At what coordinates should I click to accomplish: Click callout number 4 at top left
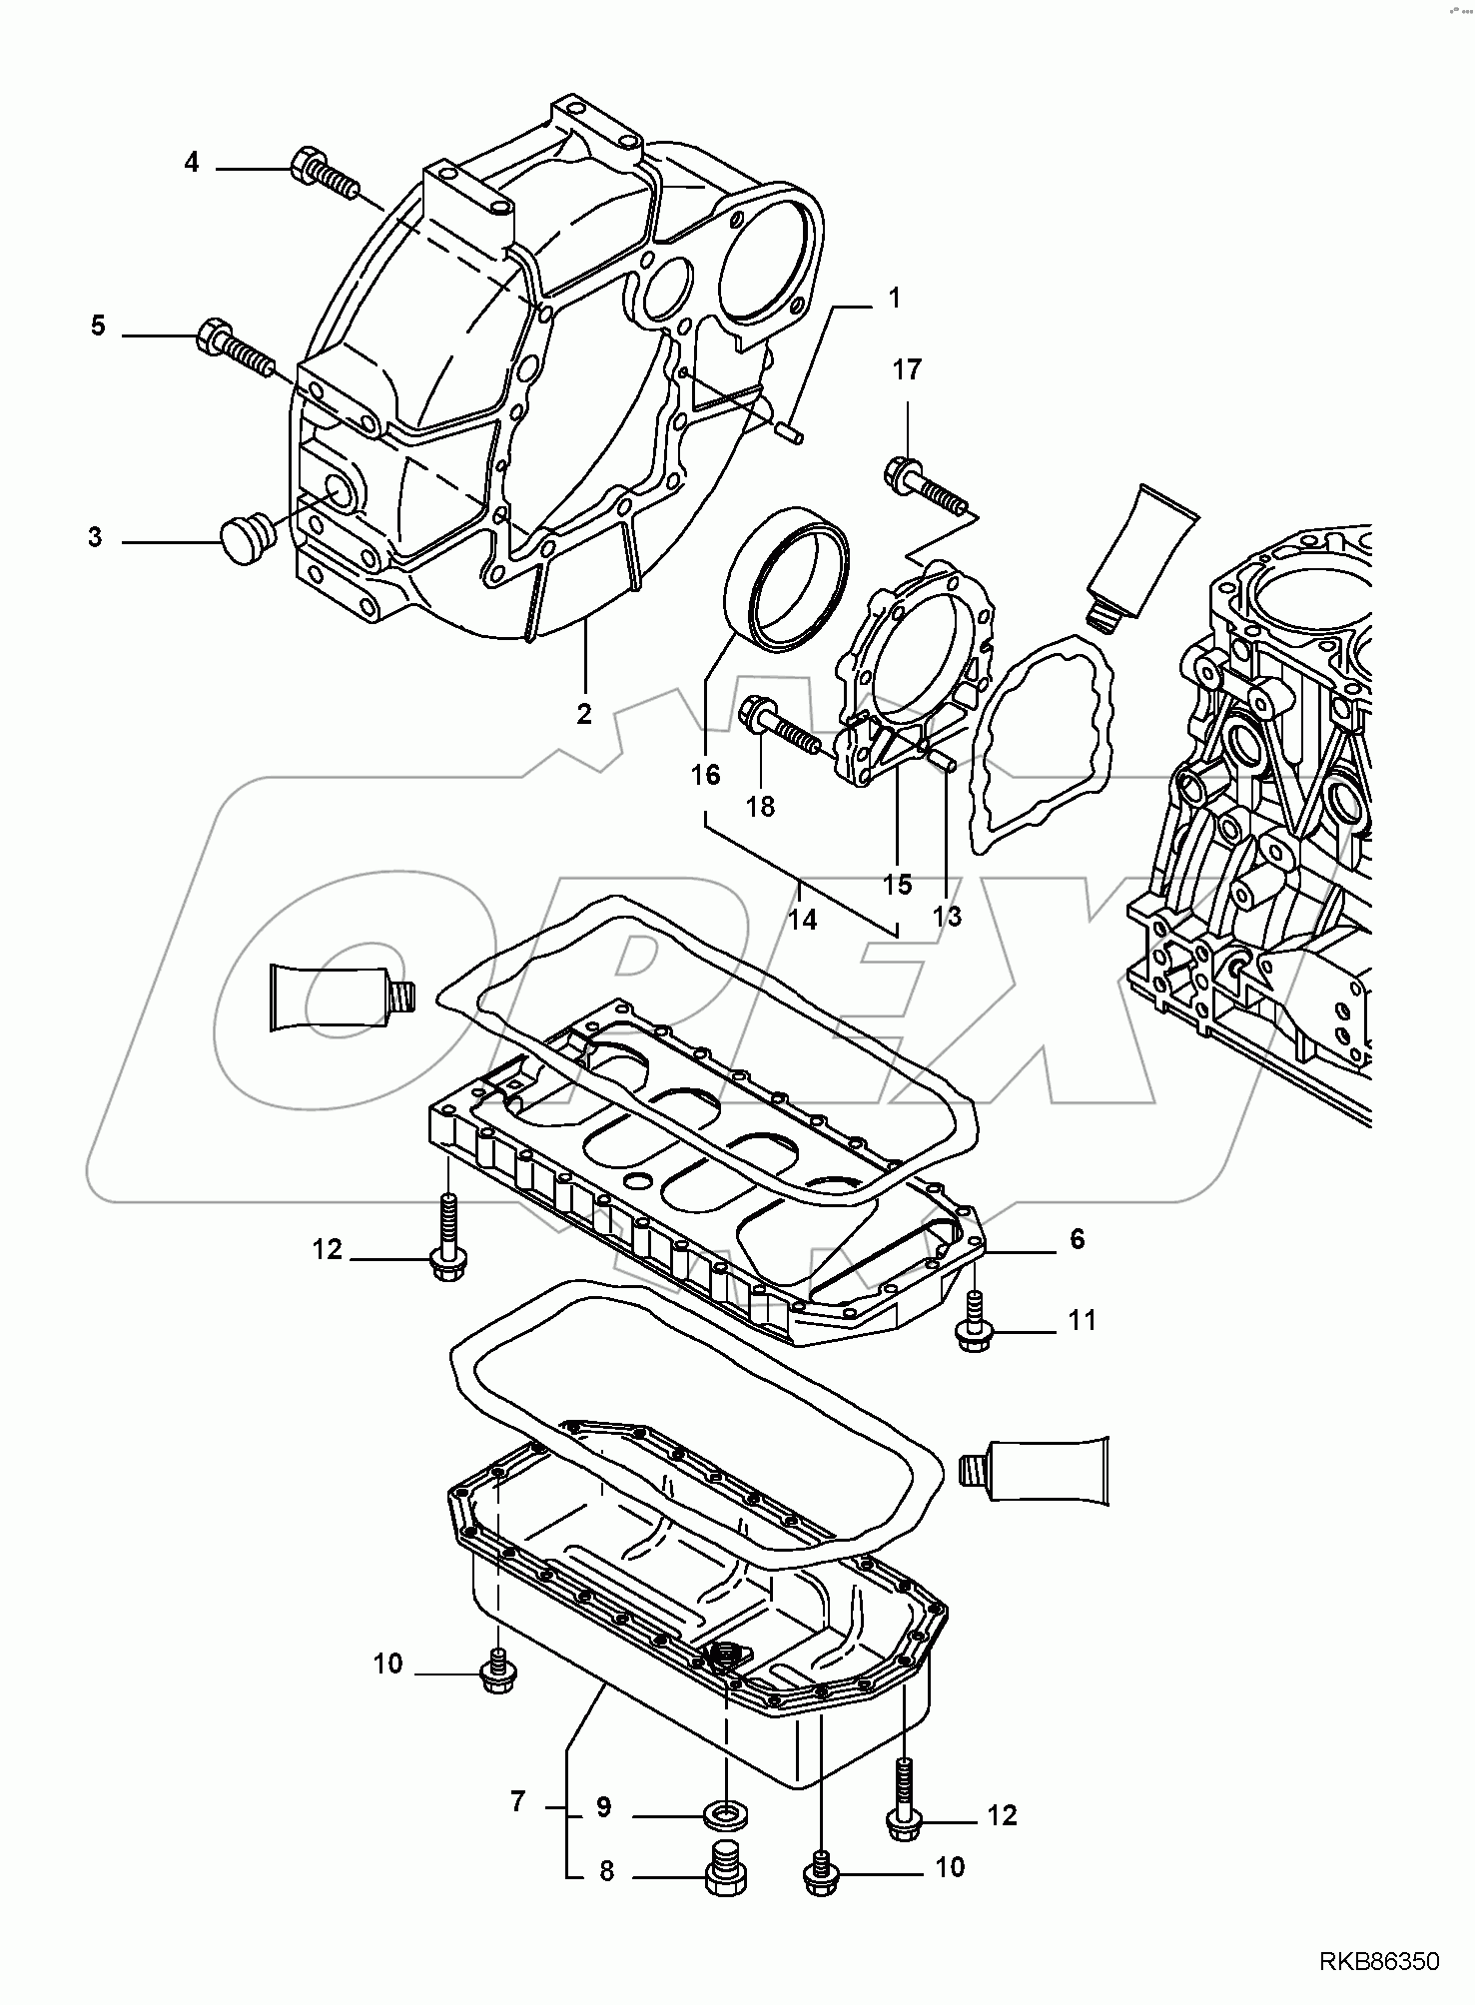point(192,162)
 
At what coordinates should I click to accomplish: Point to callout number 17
point(907,370)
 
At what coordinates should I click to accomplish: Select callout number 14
point(802,920)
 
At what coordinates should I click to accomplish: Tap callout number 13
point(947,916)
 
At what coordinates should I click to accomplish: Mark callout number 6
point(1077,1239)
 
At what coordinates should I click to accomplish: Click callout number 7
point(517,1802)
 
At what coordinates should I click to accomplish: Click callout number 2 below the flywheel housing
point(584,714)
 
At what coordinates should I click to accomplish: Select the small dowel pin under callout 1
point(788,433)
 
